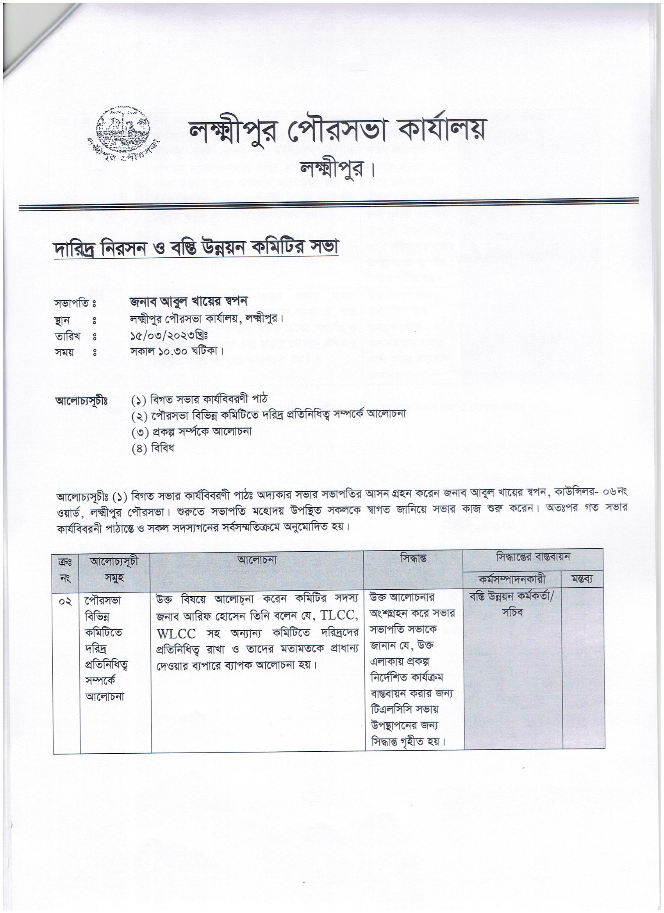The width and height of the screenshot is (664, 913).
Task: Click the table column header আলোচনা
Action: (x=257, y=560)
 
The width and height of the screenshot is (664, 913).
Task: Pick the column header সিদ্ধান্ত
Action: (x=413, y=558)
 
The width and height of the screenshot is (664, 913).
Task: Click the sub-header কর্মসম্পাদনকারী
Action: (x=512, y=580)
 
